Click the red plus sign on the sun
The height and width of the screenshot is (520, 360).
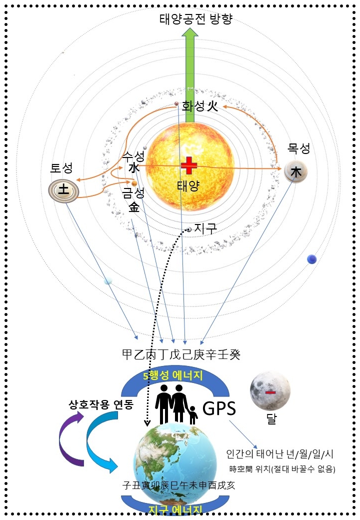[189, 165]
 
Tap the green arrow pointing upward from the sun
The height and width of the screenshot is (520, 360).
[189, 75]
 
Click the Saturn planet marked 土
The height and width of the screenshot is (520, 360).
[64, 189]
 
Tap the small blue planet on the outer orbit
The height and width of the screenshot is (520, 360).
[312, 258]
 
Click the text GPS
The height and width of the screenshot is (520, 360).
[219, 409]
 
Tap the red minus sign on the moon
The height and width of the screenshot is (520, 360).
[270, 392]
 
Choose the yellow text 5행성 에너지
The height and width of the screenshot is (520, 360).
[173, 375]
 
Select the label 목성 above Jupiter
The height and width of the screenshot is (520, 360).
[299, 148]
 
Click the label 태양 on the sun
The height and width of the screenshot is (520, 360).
[188, 186]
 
